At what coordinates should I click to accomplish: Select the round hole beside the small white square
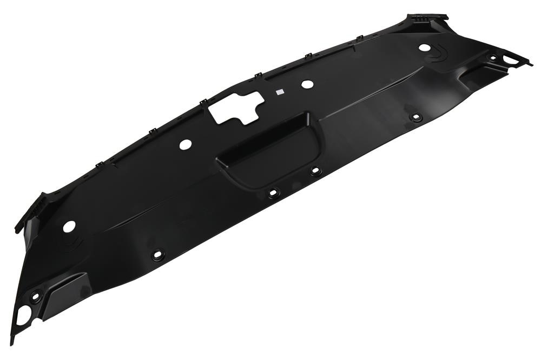[x=307, y=84]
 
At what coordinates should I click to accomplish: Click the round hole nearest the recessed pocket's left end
[x=185, y=144]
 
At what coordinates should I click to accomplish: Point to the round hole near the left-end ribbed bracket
[x=69, y=226]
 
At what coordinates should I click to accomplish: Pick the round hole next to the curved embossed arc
[x=425, y=48]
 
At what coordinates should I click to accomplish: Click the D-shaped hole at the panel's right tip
[x=511, y=59]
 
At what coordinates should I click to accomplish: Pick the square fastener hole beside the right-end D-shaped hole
[x=493, y=57]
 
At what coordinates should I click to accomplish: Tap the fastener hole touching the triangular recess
[x=36, y=296]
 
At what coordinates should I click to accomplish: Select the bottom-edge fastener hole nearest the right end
[x=415, y=117]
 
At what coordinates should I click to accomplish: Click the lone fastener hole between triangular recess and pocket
[x=158, y=255]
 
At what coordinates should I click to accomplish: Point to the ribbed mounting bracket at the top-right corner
[x=427, y=22]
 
